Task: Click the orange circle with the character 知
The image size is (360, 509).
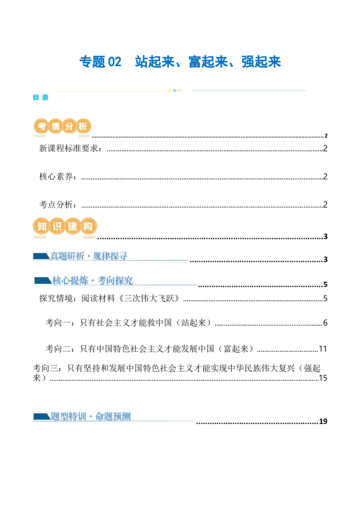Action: [x=42, y=227]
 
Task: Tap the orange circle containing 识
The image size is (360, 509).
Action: [x=57, y=227]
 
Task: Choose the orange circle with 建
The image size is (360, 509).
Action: [x=72, y=227]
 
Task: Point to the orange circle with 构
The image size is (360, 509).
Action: [x=87, y=227]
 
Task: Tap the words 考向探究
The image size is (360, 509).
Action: [x=115, y=281]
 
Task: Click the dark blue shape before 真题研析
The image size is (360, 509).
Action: [x=41, y=256]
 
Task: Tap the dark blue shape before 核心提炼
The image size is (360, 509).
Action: [x=43, y=281]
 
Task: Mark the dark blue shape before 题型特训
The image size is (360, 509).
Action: [x=41, y=416]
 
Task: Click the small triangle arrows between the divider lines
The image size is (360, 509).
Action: [x=175, y=90]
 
